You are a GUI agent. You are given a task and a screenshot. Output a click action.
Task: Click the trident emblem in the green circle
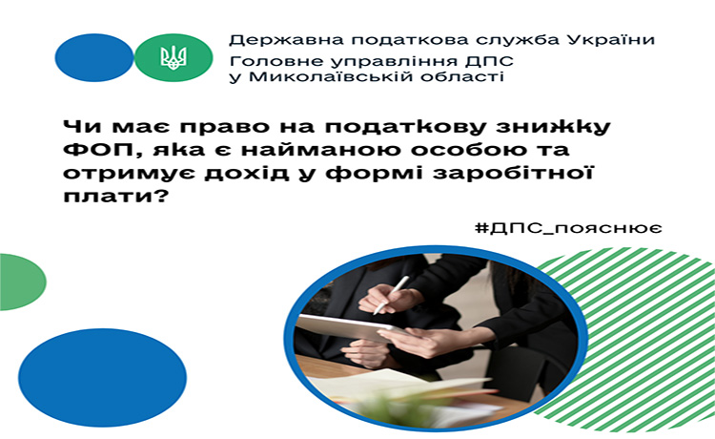click(x=174, y=58)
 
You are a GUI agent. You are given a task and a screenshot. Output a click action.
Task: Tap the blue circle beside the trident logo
click(x=94, y=57)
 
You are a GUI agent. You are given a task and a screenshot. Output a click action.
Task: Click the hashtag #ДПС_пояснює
click(x=568, y=228)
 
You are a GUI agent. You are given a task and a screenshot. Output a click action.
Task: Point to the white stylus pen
click(x=391, y=295)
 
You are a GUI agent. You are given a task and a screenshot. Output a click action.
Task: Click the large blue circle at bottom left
click(x=103, y=377)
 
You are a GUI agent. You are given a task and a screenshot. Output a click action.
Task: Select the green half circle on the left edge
click(x=23, y=282)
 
